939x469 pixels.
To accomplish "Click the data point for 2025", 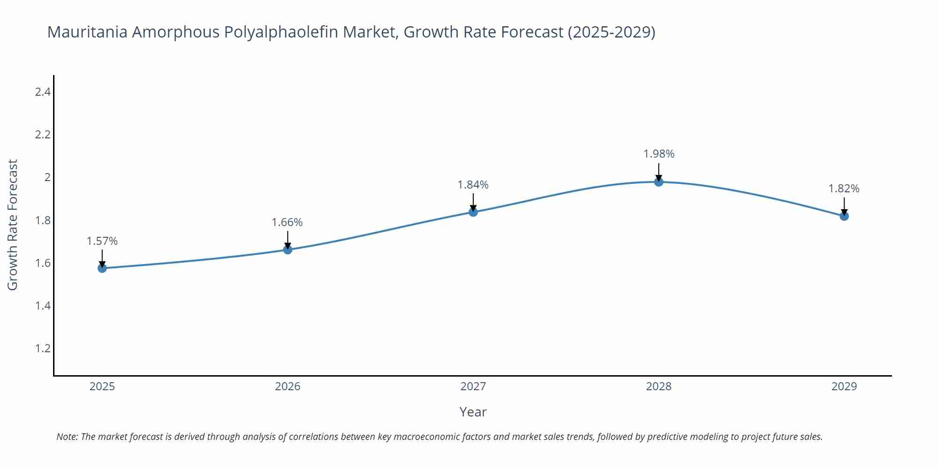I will coord(102,268).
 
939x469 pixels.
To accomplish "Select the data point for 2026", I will coord(288,250).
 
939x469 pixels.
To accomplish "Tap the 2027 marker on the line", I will coord(473,212).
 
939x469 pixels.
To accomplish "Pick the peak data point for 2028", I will coord(659,182).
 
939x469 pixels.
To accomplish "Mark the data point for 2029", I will coord(844,216).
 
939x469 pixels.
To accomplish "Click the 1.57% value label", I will coord(102,241).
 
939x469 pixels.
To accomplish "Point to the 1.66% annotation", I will coord(287,222).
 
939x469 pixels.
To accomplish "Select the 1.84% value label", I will coord(473,185).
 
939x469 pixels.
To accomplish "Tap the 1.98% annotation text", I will coord(659,154).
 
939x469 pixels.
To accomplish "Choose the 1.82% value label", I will coord(844,189).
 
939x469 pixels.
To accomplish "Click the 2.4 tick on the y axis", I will coord(43,92).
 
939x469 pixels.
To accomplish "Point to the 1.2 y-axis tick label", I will coord(43,348).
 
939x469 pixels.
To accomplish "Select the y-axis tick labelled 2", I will coord(47,177).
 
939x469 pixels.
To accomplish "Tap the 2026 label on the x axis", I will coord(287,386).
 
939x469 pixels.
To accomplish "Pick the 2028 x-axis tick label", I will coord(659,386).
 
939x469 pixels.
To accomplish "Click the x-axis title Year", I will coord(473,412).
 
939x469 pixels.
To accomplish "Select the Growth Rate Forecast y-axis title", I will coord(13,225).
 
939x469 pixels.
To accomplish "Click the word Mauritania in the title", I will coord(87,32).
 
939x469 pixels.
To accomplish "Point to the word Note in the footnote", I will coord(67,437).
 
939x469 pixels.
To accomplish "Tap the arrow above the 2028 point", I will coord(659,172).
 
